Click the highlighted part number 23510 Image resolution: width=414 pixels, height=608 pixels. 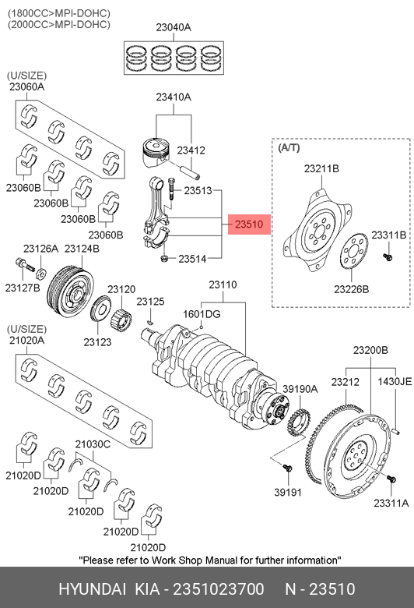point(249,224)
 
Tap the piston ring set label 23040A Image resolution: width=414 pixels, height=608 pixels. point(174,27)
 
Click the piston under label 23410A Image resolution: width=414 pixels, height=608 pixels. point(156,152)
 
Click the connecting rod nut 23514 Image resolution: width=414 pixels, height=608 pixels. point(164,259)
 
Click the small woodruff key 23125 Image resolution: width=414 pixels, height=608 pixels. point(151,321)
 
